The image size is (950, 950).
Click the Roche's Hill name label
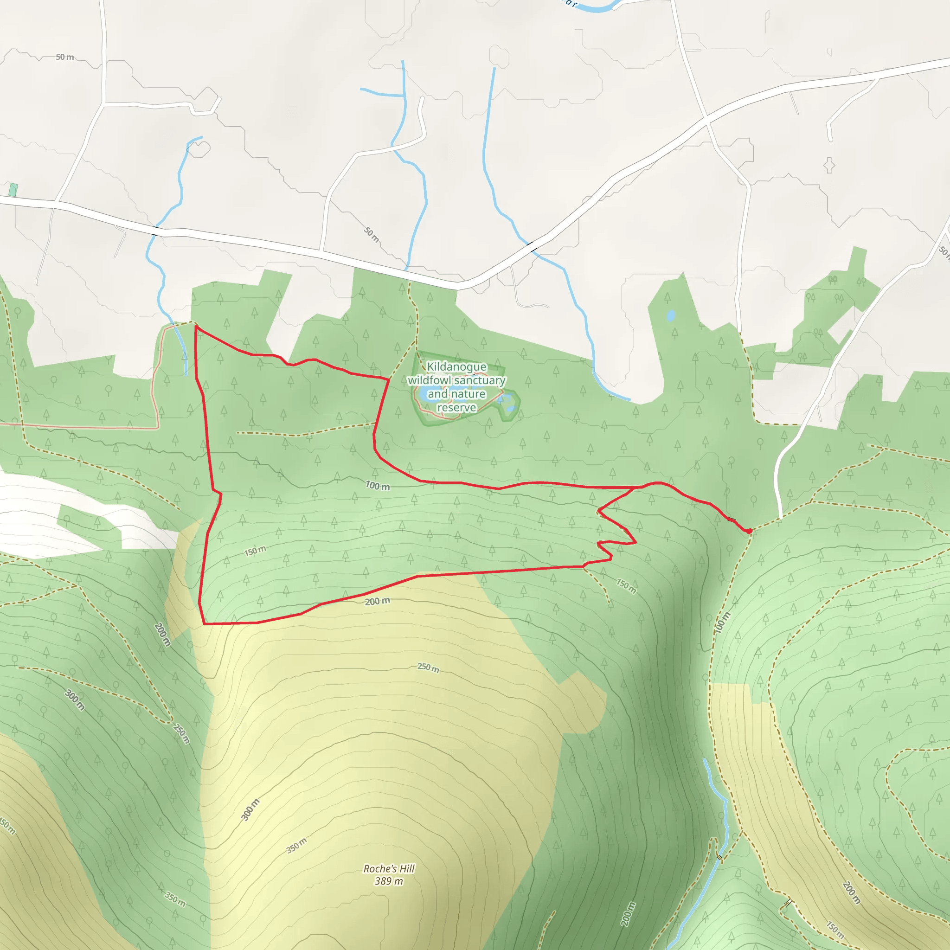point(389,869)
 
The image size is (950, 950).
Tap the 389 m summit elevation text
point(388,881)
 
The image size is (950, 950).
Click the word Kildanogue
point(456,367)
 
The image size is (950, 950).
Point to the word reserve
point(456,408)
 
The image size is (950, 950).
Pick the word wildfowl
point(429,380)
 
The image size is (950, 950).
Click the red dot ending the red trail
point(749,531)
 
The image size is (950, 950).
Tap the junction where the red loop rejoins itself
point(634,488)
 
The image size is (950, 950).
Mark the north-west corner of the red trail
point(196,326)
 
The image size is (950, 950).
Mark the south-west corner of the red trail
point(204,624)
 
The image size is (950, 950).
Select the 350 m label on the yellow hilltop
point(296,845)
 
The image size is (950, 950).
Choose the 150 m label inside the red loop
point(255,551)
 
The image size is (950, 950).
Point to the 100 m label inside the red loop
point(378,486)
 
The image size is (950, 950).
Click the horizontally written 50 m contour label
point(64,57)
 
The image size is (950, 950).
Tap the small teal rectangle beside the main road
point(13,190)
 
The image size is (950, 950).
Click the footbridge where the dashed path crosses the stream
point(720,858)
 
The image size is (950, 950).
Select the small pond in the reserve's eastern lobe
point(510,408)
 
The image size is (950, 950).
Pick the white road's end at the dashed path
point(780,518)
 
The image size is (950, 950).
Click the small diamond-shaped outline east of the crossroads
point(829,165)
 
